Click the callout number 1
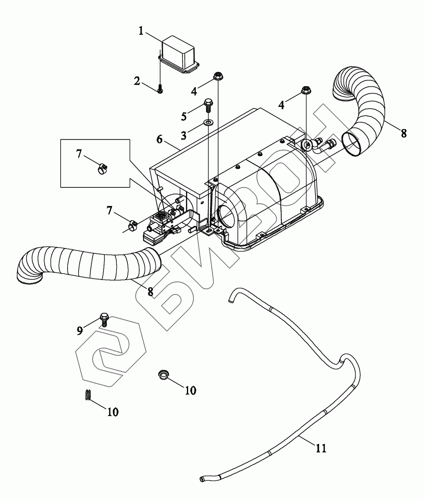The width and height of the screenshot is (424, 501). pos(141,31)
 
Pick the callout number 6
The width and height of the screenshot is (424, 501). pos(159,140)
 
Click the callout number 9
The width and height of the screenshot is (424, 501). pos(80,331)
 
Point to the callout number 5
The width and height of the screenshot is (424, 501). pos(184,117)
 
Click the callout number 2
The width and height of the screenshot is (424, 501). pos(137,81)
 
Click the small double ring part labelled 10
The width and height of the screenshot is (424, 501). pos(88,395)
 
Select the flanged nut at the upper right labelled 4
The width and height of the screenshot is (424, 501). pos(305,91)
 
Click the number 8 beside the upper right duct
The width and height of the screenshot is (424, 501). pos(403,133)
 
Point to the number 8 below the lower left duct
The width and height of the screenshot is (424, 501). pos(151,291)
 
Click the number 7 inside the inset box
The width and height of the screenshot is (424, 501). pos(79,153)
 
